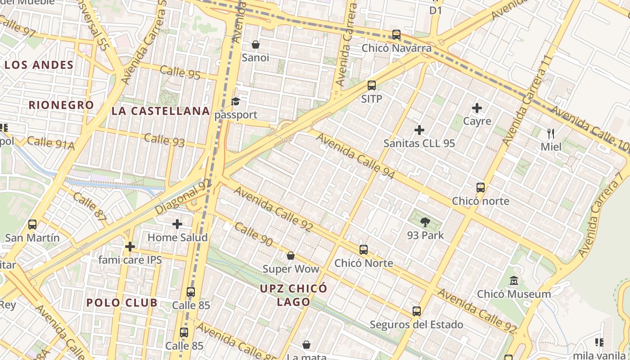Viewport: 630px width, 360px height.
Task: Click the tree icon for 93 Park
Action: (425, 222)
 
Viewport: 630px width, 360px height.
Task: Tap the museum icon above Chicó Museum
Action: (513, 281)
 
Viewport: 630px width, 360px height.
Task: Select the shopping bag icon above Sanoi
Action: (255, 45)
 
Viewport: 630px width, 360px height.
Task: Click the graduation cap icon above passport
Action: (236, 102)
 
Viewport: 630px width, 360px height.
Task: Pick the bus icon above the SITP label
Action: (371, 85)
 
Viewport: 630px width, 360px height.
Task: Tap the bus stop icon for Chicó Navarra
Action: (396, 35)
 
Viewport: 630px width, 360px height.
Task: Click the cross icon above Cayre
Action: (477, 108)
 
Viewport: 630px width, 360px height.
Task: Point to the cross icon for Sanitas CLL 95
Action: (419, 130)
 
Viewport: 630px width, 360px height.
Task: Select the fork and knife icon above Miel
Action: (551, 133)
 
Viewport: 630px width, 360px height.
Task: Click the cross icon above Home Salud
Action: (177, 224)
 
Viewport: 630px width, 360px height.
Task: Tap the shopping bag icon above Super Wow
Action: (291, 256)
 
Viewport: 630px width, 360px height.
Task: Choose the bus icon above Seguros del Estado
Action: (417, 311)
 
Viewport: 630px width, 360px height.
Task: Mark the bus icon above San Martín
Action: (32, 224)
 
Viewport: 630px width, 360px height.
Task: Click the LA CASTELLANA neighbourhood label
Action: (161, 111)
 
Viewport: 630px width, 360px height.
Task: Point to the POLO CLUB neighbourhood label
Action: (122, 302)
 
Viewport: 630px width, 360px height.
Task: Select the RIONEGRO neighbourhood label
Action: (61, 105)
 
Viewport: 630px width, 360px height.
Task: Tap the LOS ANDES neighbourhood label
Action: (39, 65)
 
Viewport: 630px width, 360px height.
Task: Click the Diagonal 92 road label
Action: (183, 197)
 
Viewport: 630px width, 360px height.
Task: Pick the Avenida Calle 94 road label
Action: (355, 156)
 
